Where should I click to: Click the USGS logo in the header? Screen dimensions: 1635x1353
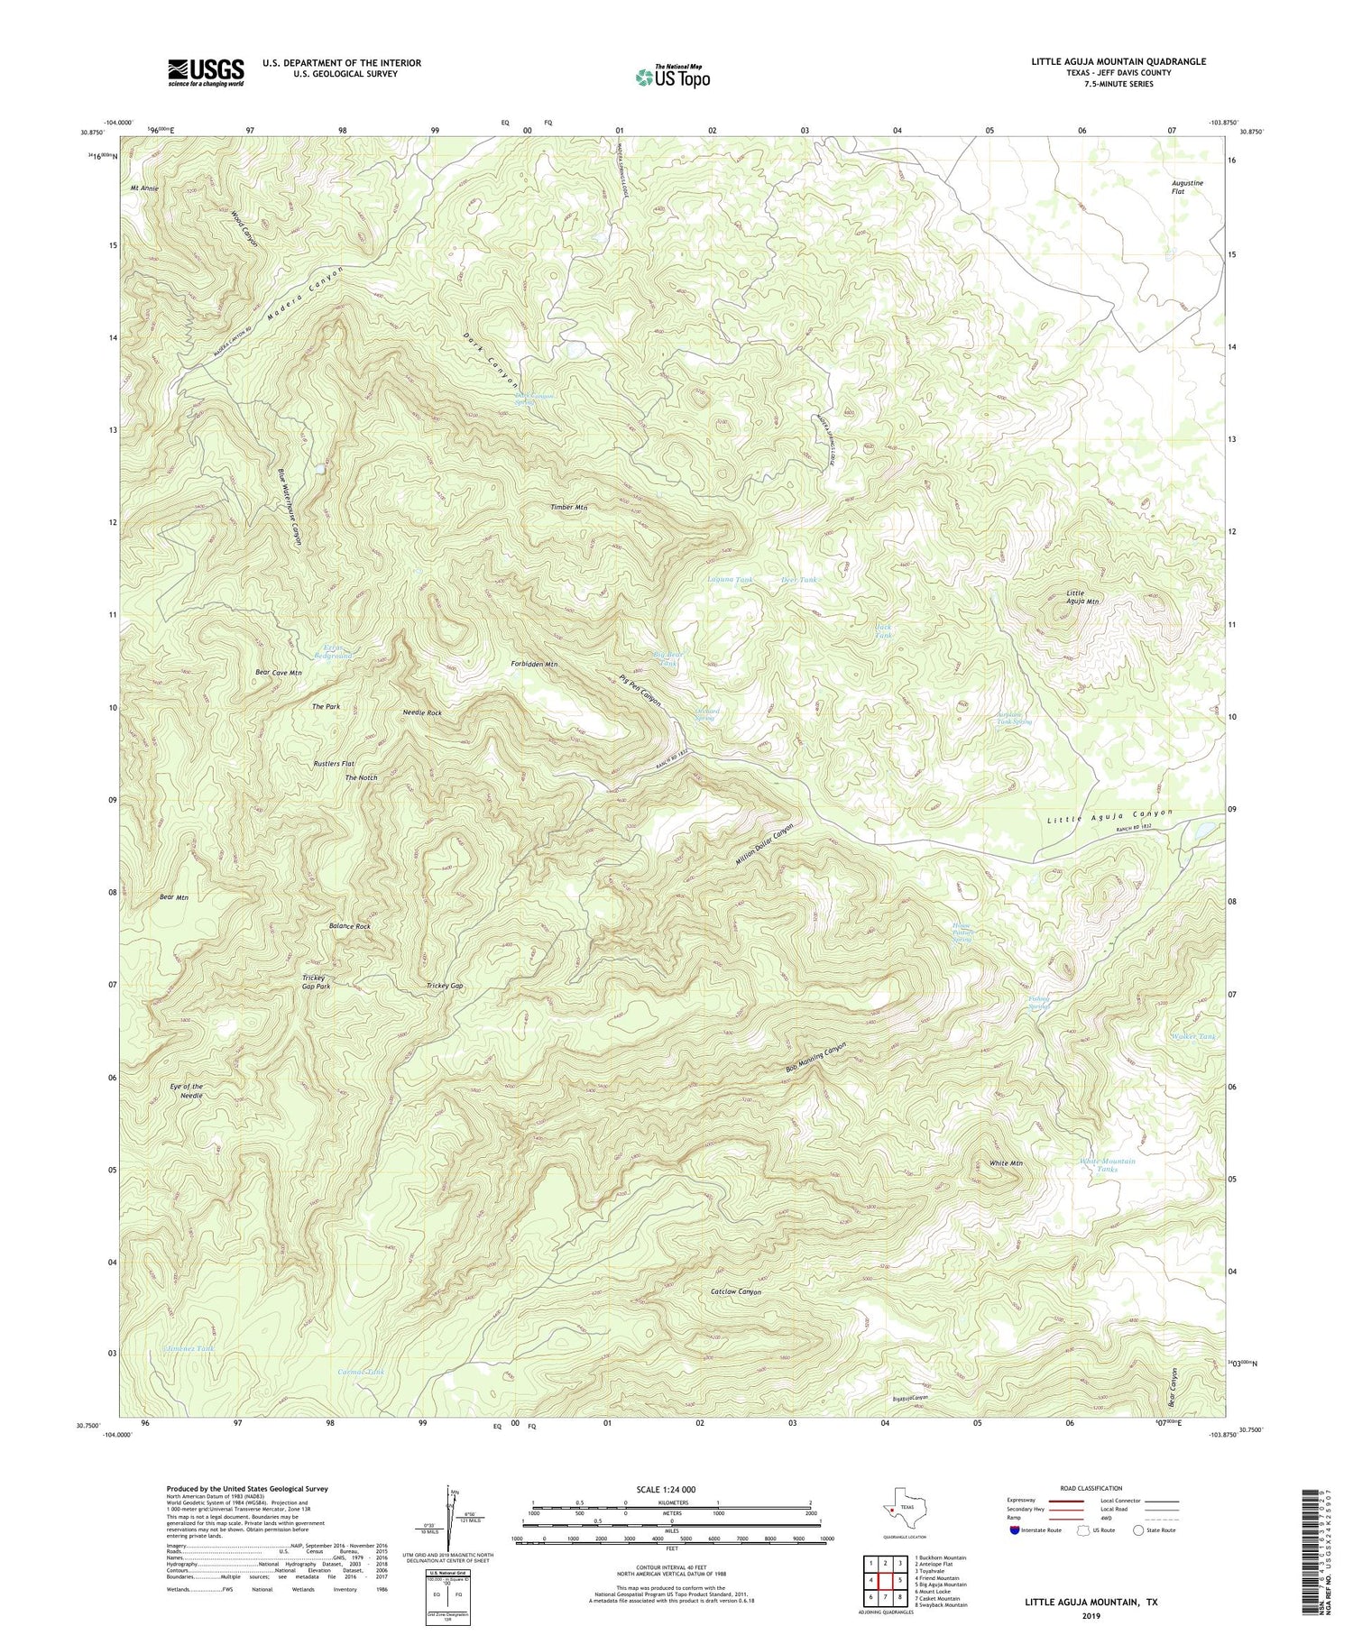click(x=205, y=72)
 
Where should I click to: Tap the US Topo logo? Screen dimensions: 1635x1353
click(x=672, y=77)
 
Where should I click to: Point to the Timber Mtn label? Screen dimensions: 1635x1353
click(x=569, y=507)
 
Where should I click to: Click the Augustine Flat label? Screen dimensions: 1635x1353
click(x=1181, y=188)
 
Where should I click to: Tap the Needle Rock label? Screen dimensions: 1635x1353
click(x=422, y=712)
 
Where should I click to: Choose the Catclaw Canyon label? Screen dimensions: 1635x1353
click(x=736, y=1291)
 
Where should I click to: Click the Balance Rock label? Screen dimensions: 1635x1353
click(x=349, y=926)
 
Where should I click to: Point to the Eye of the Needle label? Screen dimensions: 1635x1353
click(x=187, y=1091)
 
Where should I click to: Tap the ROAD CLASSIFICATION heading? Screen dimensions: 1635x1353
click(x=1090, y=1488)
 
